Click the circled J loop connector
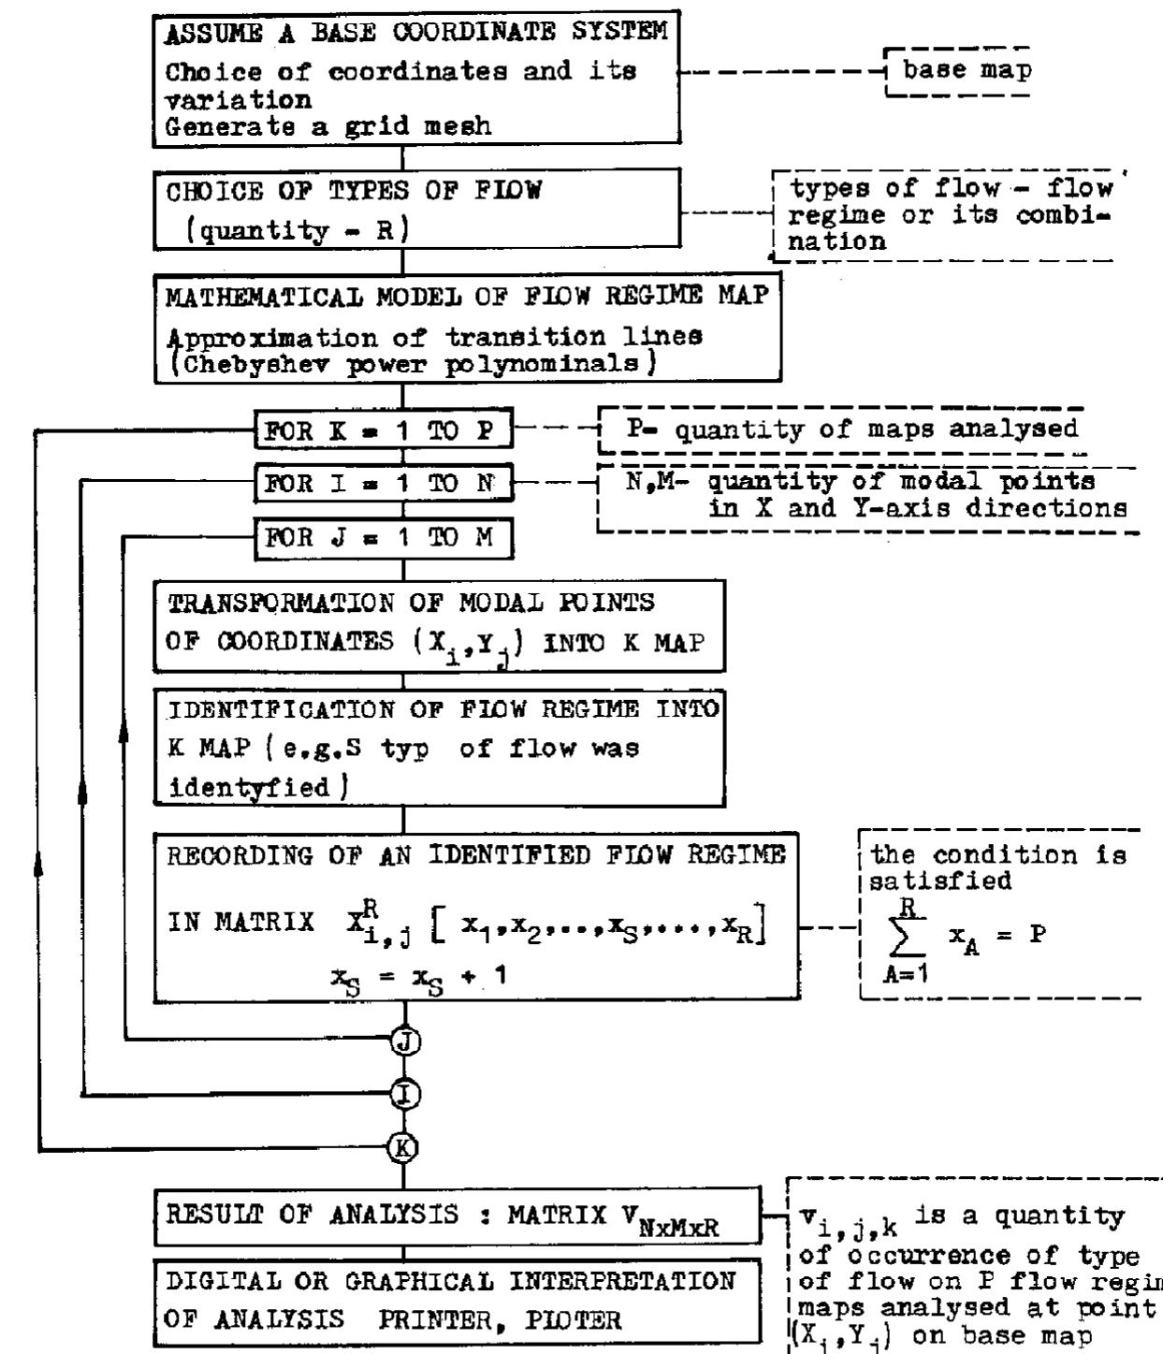click(x=404, y=1041)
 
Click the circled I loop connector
click(x=404, y=1093)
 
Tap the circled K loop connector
click(x=404, y=1147)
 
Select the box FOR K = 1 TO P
click(x=384, y=431)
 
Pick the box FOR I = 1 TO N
click(x=384, y=484)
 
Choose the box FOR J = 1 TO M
click(x=384, y=538)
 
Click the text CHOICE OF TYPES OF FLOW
click(x=354, y=191)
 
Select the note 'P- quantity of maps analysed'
click(x=851, y=429)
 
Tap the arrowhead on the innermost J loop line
click(x=124, y=735)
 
